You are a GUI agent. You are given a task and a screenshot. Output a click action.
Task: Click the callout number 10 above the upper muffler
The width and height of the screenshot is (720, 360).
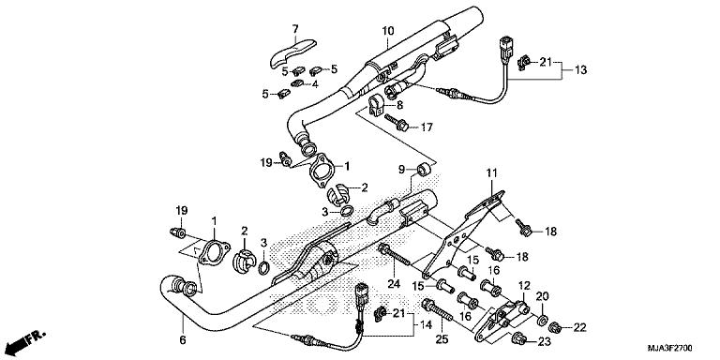(386, 31)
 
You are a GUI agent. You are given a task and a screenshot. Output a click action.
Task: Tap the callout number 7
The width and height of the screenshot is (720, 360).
(293, 29)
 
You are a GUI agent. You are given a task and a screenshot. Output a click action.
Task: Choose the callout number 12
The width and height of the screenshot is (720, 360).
(524, 285)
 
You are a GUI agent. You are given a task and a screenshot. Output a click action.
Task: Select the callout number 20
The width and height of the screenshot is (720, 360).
(541, 296)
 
